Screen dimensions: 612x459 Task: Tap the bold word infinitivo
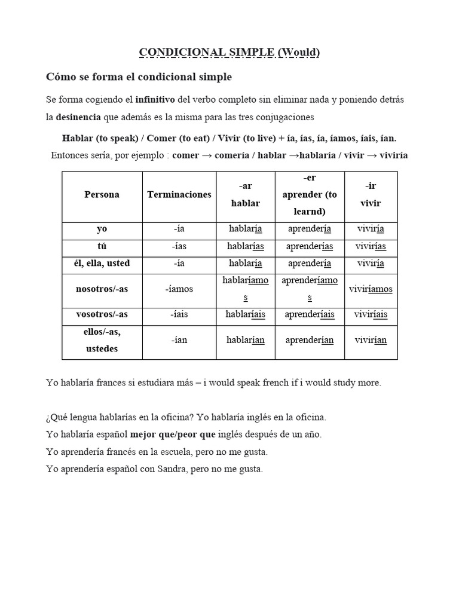point(156,99)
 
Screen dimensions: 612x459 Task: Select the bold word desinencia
point(78,117)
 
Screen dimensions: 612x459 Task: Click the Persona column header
point(102,194)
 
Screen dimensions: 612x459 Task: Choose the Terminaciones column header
point(179,194)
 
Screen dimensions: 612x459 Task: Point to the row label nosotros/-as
point(102,289)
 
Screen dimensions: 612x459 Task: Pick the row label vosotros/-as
point(102,314)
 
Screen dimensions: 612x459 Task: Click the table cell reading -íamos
point(179,289)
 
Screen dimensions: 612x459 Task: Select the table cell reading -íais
point(179,314)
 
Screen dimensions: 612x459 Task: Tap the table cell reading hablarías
point(245,246)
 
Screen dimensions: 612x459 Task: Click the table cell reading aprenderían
point(309,340)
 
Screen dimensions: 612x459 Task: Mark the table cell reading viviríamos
point(371,289)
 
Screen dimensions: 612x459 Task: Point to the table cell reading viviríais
point(371,314)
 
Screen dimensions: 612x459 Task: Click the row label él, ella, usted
point(102,263)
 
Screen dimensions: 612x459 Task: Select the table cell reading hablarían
point(245,340)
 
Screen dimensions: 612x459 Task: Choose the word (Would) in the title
point(298,53)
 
